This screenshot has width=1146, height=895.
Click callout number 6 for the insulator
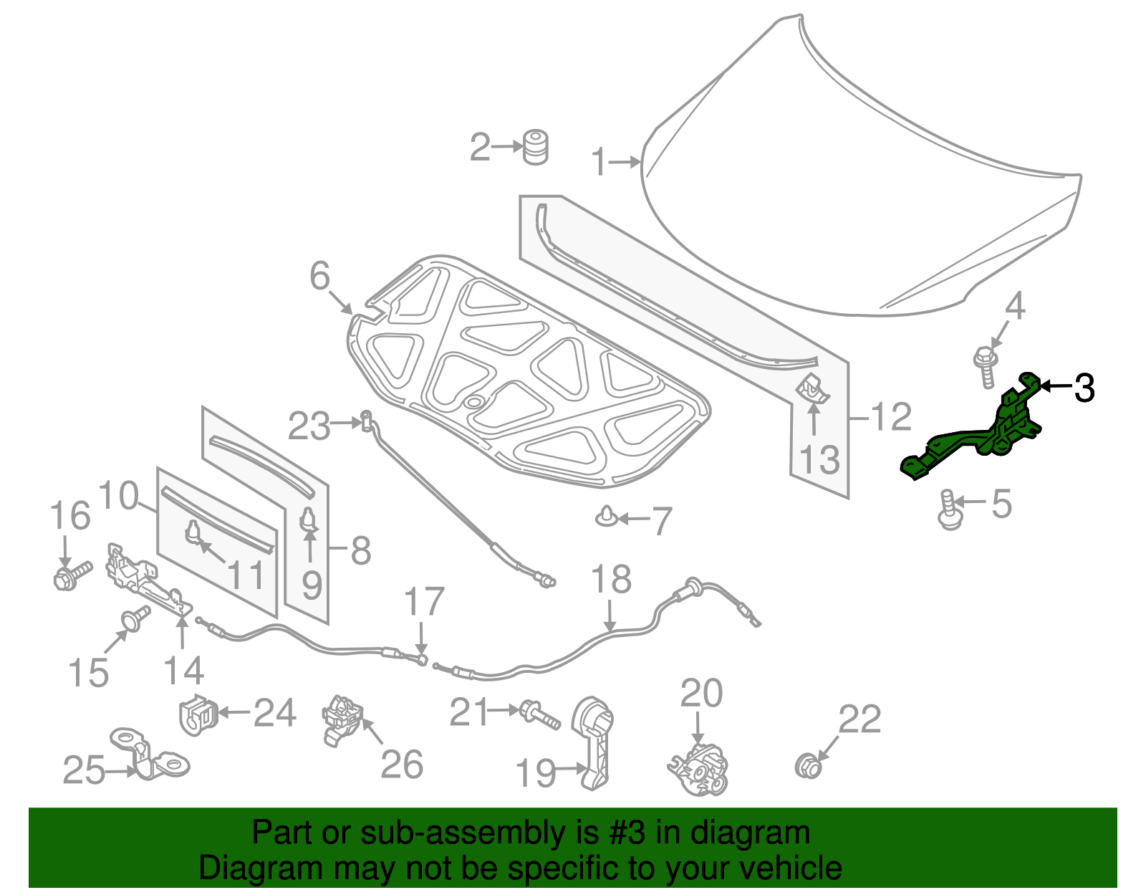pos(319,276)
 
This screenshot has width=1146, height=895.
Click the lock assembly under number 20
pos(698,770)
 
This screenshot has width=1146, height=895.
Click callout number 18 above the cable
pos(611,580)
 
